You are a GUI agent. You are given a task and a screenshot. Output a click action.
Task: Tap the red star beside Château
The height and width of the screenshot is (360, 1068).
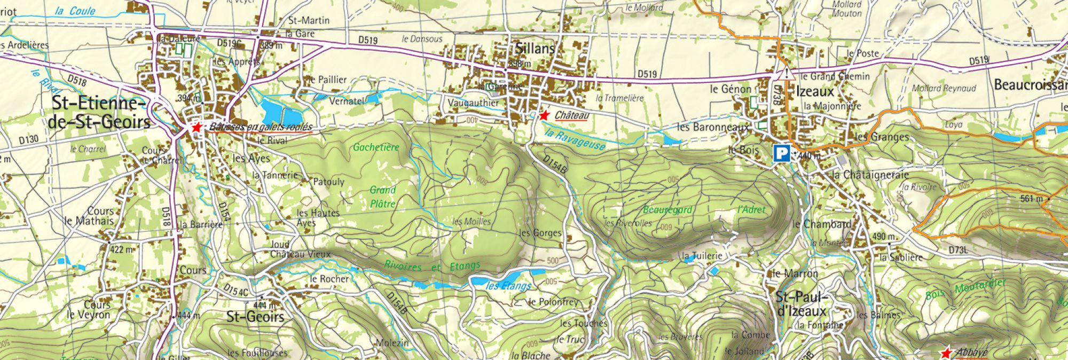click(x=544, y=115)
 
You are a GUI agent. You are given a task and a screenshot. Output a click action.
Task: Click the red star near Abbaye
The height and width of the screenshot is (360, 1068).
click(x=946, y=353)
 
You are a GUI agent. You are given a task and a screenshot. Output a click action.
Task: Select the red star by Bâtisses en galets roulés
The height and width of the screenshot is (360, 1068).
click(x=197, y=127)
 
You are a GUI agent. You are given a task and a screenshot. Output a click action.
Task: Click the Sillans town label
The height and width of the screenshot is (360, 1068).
click(x=535, y=49)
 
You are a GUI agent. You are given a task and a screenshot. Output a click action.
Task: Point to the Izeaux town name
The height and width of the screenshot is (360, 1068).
click(x=814, y=91)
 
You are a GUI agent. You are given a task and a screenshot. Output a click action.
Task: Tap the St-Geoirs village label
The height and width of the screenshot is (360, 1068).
click(x=255, y=317)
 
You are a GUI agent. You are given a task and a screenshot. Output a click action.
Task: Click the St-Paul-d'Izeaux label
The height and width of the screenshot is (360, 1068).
click(x=801, y=304)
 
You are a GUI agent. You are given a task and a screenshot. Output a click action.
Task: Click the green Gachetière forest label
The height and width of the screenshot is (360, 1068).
click(x=376, y=147)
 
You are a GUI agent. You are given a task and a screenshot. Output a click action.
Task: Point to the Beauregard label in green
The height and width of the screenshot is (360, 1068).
click(x=667, y=210)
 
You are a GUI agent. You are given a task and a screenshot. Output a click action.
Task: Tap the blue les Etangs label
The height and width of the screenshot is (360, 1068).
click(x=508, y=286)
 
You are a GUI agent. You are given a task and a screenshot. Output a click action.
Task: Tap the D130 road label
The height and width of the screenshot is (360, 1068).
click(x=29, y=140)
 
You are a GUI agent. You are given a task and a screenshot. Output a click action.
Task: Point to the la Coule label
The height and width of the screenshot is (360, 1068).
click(x=75, y=11)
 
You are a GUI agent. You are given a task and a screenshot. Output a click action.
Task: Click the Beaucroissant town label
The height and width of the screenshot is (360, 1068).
click(x=1030, y=85)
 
